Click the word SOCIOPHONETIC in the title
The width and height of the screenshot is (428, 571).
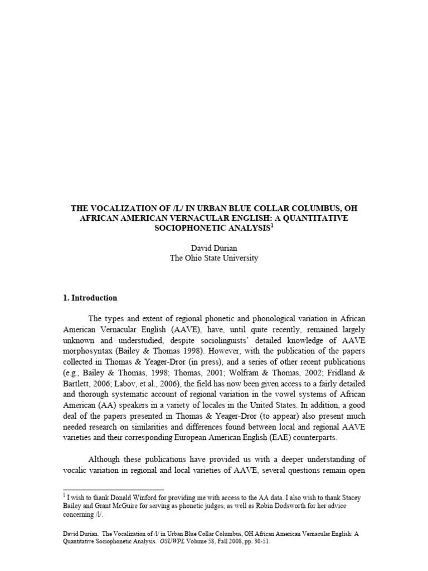point(184,229)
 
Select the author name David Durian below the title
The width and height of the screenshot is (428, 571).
point(215,248)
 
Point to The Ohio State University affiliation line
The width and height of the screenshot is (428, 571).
point(215,258)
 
